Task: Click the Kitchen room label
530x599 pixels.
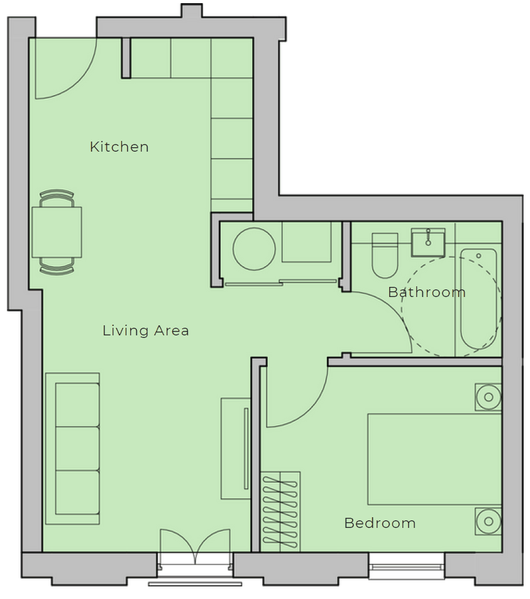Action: click(119, 147)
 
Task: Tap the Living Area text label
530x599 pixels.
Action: click(146, 330)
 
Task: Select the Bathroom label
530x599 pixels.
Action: click(427, 292)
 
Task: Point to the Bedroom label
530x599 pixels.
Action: click(380, 523)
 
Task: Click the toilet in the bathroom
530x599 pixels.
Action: click(385, 255)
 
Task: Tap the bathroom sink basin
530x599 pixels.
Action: click(428, 243)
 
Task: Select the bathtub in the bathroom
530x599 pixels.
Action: click(479, 299)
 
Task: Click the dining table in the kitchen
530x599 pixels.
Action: click(57, 232)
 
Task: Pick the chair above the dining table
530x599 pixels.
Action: click(57, 198)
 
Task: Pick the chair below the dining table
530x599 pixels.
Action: click(57, 266)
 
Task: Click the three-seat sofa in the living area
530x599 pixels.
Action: click(72, 449)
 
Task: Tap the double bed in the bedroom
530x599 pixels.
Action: click(434, 459)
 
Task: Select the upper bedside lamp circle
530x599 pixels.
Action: click(489, 397)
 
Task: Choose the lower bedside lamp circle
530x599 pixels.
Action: click(489, 521)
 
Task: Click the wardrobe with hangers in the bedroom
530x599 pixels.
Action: click(280, 512)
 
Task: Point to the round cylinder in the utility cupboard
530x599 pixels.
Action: click(254, 249)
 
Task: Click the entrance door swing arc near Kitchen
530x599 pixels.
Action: click(79, 81)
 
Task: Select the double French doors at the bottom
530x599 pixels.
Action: click(195, 547)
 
